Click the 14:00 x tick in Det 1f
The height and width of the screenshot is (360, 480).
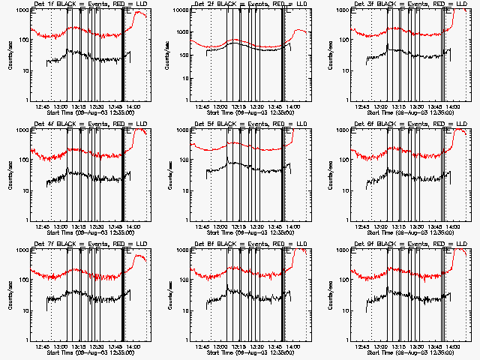(132, 107)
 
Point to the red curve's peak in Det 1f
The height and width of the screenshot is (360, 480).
(139, 12)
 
